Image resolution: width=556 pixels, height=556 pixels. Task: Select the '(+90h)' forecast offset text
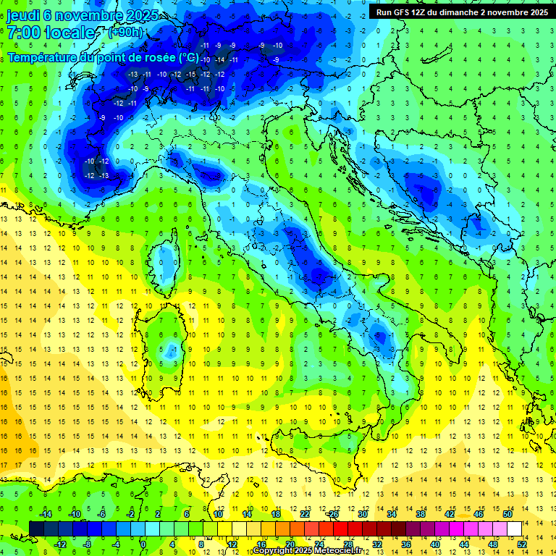coord(125,33)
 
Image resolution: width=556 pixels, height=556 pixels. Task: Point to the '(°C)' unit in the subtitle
coord(188,56)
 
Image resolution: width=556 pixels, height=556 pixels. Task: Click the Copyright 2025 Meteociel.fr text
coord(311,550)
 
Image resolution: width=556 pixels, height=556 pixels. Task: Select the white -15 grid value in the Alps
coord(190,75)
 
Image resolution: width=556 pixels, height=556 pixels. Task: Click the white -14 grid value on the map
coord(219,59)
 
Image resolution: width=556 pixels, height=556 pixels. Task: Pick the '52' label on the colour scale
coord(522,544)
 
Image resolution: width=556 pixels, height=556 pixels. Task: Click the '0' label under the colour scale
coord(143,544)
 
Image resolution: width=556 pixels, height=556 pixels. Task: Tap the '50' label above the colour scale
coord(507,514)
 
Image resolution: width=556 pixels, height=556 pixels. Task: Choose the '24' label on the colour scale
coord(319,544)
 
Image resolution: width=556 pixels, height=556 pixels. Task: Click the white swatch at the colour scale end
coord(514,528)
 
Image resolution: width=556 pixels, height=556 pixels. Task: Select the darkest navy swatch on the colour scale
coord(36,528)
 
